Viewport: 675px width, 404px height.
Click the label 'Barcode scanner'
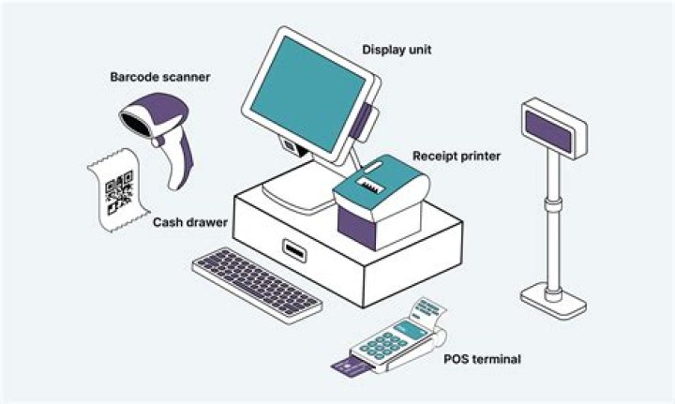[159, 77]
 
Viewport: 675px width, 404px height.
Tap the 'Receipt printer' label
[457, 155]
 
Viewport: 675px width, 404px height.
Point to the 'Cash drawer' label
[186, 225]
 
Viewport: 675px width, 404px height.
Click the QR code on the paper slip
[119, 195]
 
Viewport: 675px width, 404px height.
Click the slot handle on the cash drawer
[295, 250]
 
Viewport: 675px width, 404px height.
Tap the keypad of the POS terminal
[385, 344]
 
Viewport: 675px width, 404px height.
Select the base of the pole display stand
[554, 301]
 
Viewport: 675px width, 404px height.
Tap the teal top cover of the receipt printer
[380, 183]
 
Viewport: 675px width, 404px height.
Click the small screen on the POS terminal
[410, 328]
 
